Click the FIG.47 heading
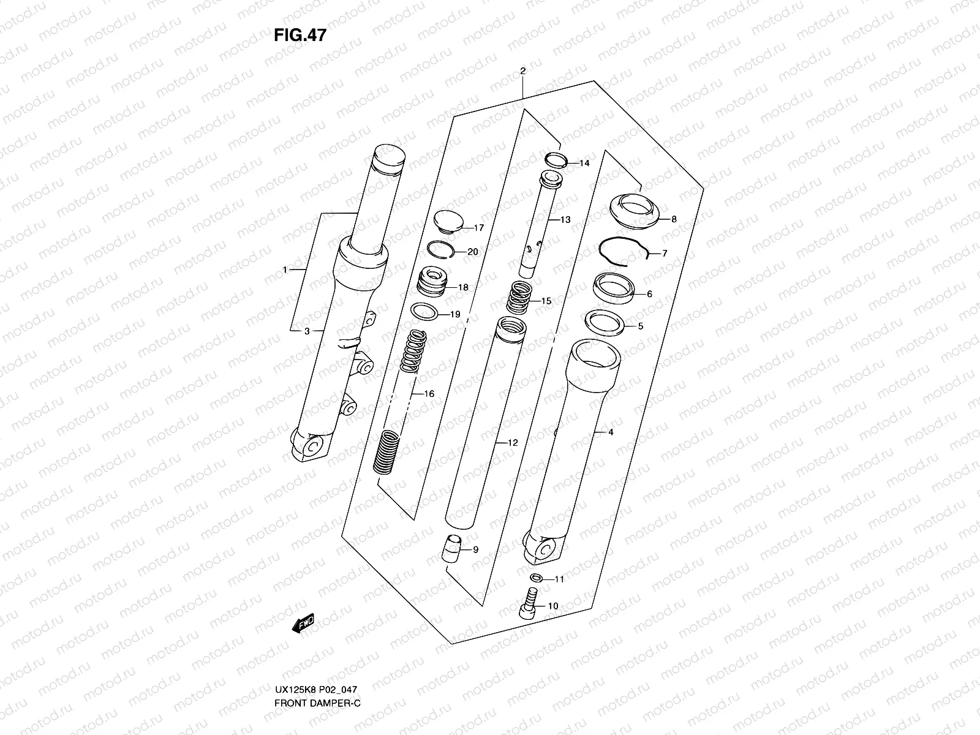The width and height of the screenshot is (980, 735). click(300, 36)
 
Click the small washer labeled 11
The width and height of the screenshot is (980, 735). click(536, 577)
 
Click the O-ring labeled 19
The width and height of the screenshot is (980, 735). click(424, 311)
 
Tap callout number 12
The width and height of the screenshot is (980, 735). click(513, 442)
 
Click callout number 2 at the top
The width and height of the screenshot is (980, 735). click(522, 71)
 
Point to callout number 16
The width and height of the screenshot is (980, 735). click(429, 394)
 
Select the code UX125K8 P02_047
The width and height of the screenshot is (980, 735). click(315, 706)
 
